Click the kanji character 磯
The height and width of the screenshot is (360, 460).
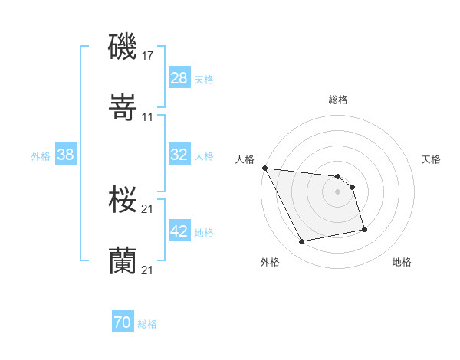coord(123,47)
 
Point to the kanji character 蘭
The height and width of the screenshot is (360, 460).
coord(123,261)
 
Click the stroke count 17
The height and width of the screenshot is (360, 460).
coord(148,56)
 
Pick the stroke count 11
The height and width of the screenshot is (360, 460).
coord(148,117)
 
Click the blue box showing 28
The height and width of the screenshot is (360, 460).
coord(179,78)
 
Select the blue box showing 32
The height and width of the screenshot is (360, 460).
coord(179,155)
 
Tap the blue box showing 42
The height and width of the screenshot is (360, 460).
coord(179,231)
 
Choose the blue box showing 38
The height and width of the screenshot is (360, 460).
coord(66,155)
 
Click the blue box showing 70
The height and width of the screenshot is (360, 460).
coord(123,323)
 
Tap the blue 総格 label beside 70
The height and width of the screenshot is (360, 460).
coord(147,324)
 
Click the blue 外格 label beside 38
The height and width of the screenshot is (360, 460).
coord(41,155)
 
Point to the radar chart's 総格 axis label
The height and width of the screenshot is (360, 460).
coord(338,100)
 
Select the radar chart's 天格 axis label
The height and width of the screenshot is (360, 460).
coord(432,159)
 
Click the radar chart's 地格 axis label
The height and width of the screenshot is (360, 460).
coord(402,262)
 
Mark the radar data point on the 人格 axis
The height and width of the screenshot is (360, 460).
coord(264,168)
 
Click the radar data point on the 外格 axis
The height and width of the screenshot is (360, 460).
coord(302,242)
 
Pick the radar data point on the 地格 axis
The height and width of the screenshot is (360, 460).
coord(364,229)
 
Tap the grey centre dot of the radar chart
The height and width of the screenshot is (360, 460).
coord(338,191)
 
